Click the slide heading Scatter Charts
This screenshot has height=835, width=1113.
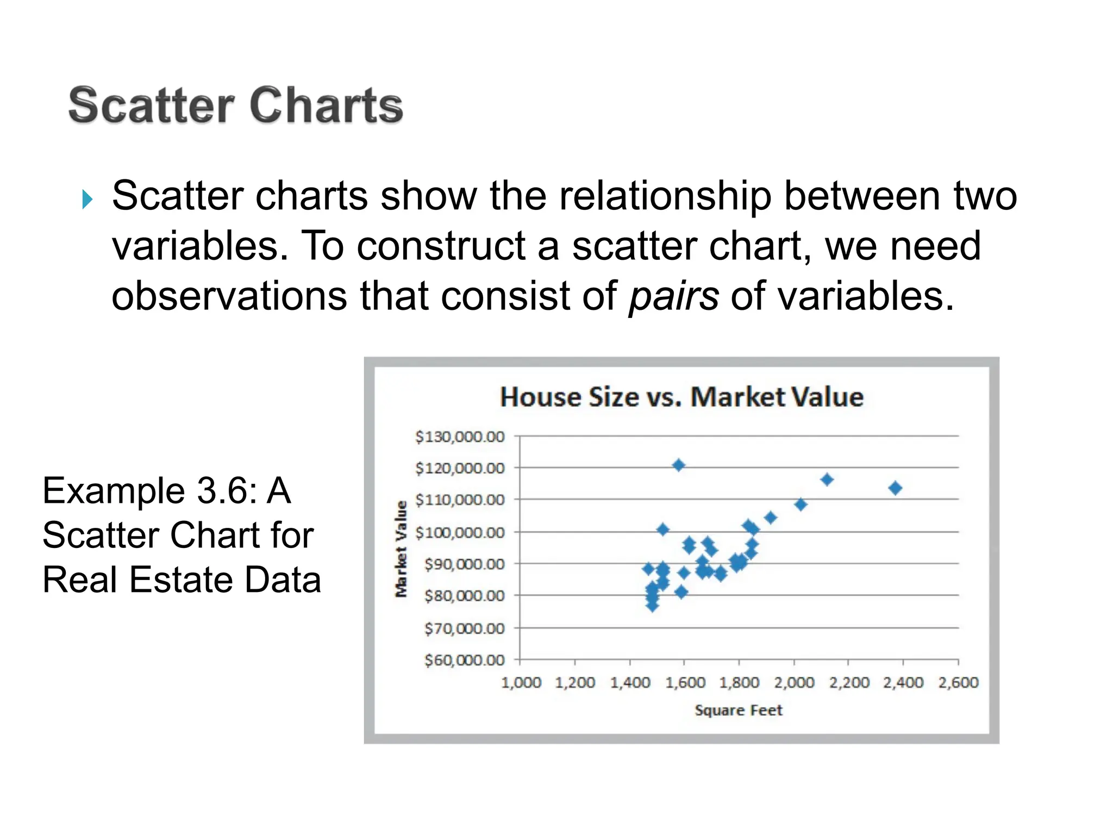pos(235,105)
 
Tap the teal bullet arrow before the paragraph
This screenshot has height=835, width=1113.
pos(87,199)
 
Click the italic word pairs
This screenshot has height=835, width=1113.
pos(673,297)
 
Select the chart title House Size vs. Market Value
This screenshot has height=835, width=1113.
pos(681,397)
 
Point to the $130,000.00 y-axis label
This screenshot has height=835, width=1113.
pos(460,437)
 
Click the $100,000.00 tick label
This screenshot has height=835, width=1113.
pos(460,532)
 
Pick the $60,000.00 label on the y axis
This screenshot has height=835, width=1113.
pos(464,660)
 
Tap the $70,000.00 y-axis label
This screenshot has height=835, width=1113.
pos(464,628)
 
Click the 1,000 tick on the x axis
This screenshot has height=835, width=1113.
pos(521,682)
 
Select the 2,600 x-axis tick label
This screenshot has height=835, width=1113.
pos(958,682)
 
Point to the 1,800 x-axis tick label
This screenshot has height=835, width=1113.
pos(739,682)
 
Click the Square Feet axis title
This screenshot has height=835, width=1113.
pos(738,710)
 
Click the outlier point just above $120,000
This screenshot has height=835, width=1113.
pos(678,465)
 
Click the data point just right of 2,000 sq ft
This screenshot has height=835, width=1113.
pos(800,504)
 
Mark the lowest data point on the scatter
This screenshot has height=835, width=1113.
pos(652,605)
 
